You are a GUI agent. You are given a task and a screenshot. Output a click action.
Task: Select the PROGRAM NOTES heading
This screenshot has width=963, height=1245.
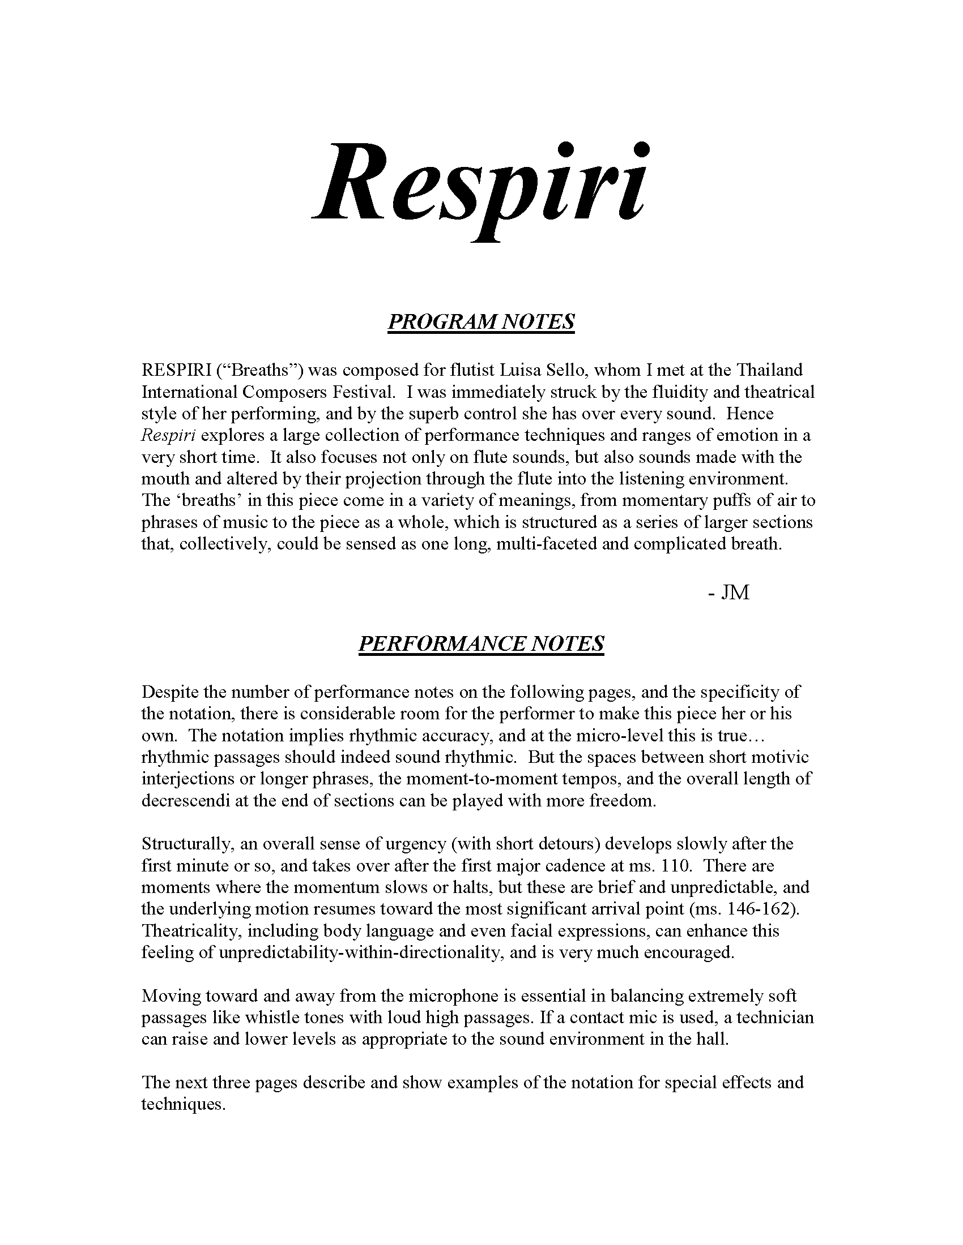coord(481,322)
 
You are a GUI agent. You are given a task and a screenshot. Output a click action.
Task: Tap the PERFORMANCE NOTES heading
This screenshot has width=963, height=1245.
coord(481,644)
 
